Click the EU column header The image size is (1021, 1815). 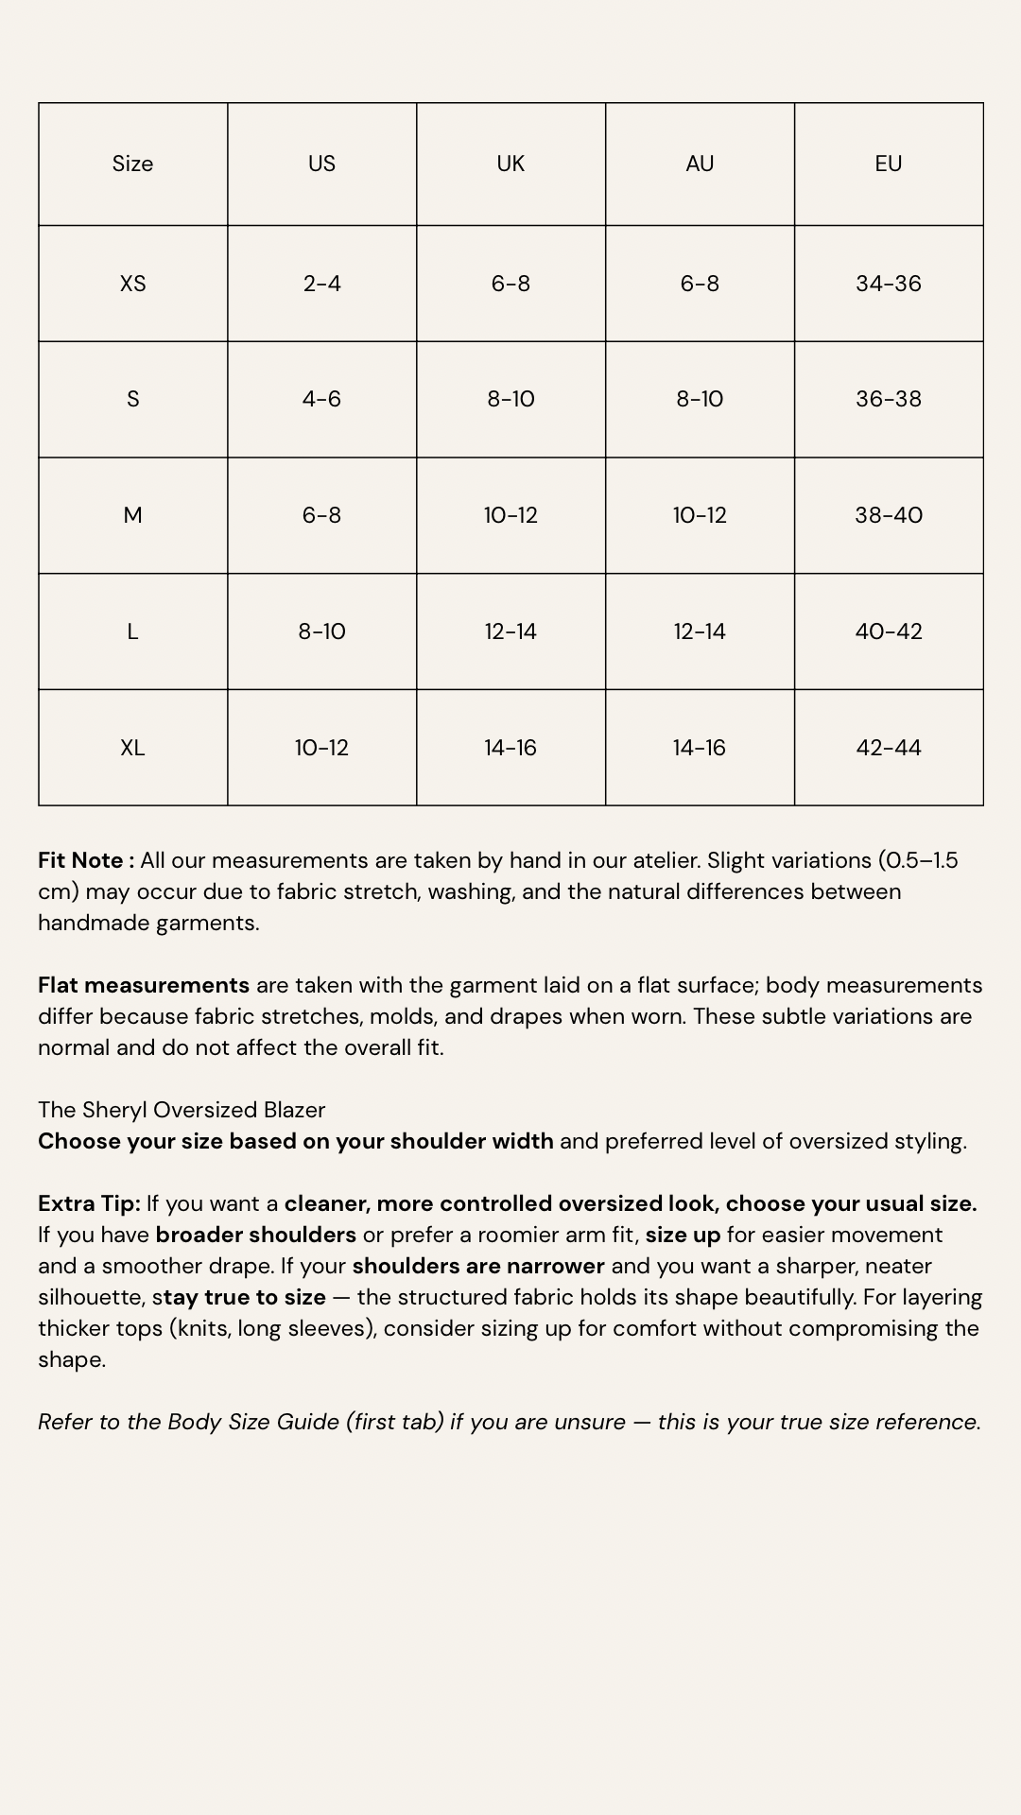click(888, 164)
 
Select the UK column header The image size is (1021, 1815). click(510, 164)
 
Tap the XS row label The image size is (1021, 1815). click(132, 284)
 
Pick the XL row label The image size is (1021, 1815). click(132, 748)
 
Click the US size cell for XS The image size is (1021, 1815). click(321, 284)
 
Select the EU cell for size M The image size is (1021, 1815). click(888, 515)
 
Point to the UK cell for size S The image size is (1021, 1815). click(510, 399)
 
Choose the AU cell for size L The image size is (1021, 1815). click(700, 631)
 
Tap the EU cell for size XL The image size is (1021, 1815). click(888, 748)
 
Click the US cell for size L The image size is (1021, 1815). click(321, 631)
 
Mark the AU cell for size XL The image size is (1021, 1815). click(700, 748)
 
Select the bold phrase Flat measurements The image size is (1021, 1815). click(144, 985)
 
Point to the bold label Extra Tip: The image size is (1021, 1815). click(89, 1203)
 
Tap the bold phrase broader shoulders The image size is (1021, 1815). click(256, 1235)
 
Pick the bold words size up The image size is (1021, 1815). click(683, 1235)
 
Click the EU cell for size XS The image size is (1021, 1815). click(888, 284)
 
